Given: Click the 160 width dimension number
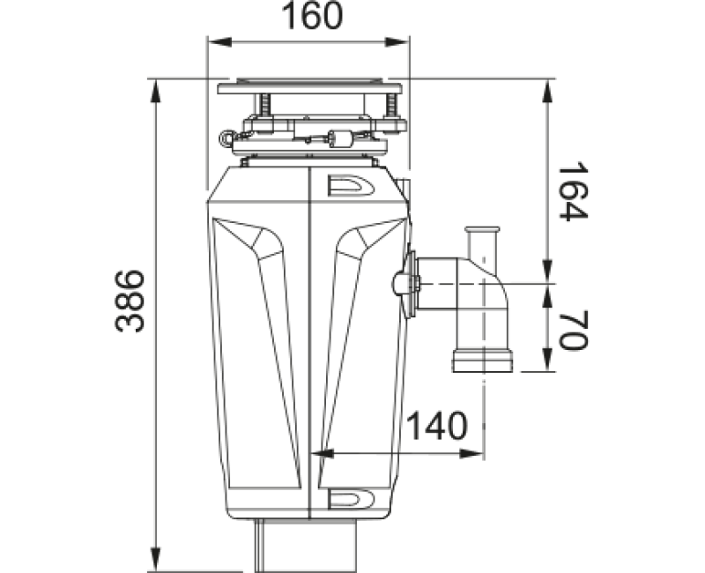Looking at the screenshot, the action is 312,16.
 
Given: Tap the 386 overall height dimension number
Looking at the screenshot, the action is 130,301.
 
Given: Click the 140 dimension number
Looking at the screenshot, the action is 437,426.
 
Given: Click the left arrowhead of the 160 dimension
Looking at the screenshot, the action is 219,42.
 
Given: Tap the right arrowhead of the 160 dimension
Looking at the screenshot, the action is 397,42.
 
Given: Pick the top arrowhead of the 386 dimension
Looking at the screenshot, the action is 156,93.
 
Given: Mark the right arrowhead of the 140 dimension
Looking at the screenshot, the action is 471,454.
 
